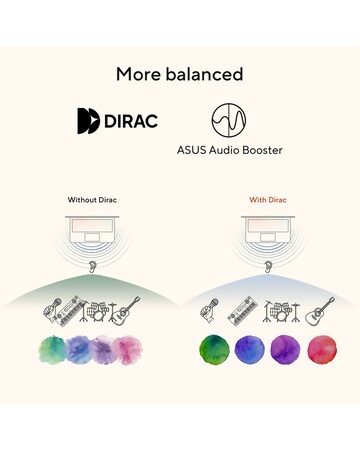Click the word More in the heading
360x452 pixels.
[138, 74]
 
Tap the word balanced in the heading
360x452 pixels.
[205, 74]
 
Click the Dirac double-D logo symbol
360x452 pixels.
[88, 121]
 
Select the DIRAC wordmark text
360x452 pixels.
[131, 121]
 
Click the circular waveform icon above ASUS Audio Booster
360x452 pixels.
[229, 120]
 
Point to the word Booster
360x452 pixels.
[262, 150]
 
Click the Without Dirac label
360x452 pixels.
[92, 200]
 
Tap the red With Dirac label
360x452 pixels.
[268, 200]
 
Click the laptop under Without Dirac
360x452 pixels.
[92, 230]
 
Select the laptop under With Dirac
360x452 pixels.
[268, 230]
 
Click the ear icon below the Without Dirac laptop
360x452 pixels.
[92, 267]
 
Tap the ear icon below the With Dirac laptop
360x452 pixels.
[268, 267]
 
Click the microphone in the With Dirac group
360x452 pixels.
[209, 311]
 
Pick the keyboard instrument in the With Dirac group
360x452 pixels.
[242, 311]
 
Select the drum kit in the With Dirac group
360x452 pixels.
[281, 312]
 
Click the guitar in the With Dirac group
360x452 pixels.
[320, 312]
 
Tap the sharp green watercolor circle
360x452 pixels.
[214, 350]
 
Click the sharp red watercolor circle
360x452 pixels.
[322, 350]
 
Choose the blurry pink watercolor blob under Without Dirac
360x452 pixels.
[128, 350]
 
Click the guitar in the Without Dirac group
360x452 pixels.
[125, 311]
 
